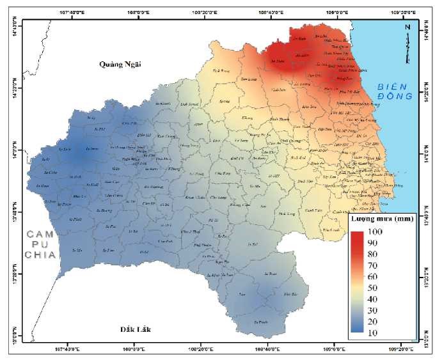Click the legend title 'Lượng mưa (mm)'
click(381, 219)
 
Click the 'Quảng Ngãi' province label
click(119, 64)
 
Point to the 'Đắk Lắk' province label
click(138, 329)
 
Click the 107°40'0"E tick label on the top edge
click(72, 12)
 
